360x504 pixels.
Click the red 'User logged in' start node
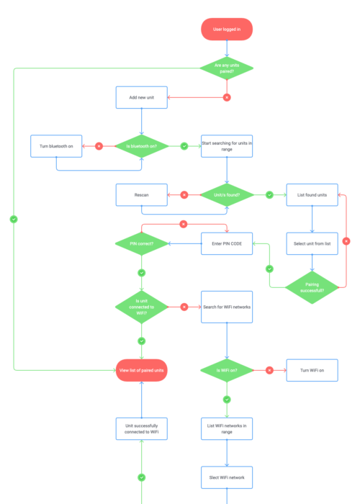click(x=227, y=29)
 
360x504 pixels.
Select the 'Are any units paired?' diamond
click(x=227, y=68)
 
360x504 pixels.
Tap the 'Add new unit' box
click(x=141, y=97)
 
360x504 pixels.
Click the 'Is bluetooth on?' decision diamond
click(x=141, y=146)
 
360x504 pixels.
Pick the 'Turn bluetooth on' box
click(x=56, y=146)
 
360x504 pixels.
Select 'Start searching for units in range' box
click(x=227, y=146)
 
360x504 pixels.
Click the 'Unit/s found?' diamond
click(x=227, y=194)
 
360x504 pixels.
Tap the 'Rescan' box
click(x=141, y=194)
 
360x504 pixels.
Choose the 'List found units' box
click(x=312, y=194)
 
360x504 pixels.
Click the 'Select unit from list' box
click(x=312, y=243)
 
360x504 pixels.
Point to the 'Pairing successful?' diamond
click(x=312, y=287)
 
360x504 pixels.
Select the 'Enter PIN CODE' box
click(x=227, y=243)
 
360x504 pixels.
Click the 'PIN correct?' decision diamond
click(x=141, y=243)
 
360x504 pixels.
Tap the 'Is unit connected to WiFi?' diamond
click(x=141, y=307)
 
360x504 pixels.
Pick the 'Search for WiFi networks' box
click(x=227, y=307)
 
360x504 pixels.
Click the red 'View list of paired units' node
click(x=141, y=370)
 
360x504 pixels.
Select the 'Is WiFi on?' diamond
click(x=227, y=370)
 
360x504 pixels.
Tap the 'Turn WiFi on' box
click(x=312, y=370)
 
